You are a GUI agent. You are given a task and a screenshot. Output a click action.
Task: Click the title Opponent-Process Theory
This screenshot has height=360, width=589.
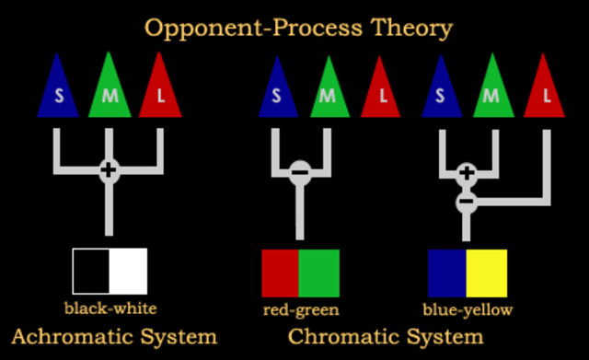tap(298, 28)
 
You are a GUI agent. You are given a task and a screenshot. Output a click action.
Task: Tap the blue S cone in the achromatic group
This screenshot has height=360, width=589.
tap(58, 90)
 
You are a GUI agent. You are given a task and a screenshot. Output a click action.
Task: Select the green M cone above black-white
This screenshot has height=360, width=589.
tap(110, 90)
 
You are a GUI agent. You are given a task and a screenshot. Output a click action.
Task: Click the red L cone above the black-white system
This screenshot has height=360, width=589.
tap(161, 90)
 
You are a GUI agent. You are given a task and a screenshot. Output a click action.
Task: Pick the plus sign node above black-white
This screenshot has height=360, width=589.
tap(110, 169)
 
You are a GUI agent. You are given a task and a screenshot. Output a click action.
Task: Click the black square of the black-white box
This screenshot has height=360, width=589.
tap(92, 271)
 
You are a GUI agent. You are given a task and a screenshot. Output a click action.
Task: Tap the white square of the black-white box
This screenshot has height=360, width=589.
tap(128, 271)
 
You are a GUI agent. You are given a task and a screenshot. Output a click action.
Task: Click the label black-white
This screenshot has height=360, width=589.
tap(110, 308)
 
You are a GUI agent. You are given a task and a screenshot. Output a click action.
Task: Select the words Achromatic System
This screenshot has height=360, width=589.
tap(114, 336)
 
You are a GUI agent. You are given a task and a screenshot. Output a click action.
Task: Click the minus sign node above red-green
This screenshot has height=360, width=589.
tap(300, 171)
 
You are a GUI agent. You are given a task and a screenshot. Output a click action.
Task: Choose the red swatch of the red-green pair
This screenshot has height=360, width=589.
tap(281, 271)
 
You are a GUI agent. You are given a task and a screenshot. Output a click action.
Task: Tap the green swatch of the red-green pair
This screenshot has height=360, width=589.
tap(319, 271)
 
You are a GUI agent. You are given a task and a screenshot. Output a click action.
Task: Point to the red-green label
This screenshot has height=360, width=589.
tap(300, 308)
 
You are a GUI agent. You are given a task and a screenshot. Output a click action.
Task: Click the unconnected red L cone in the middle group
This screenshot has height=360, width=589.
tap(381, 90)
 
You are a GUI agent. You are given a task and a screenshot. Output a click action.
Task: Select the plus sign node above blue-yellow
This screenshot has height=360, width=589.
tap(467, 171)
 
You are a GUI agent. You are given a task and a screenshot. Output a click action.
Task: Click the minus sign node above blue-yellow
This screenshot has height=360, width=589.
tap(467, 199)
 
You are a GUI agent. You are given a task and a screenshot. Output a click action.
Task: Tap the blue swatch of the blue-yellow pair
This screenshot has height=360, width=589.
tap(447, 271)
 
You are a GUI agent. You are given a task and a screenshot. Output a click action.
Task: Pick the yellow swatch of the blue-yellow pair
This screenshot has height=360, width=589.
tap(486, 271)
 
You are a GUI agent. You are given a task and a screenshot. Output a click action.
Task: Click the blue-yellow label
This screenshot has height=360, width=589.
tap(467, 308)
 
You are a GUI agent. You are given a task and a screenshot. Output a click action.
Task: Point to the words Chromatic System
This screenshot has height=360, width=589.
tap(385, 336)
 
